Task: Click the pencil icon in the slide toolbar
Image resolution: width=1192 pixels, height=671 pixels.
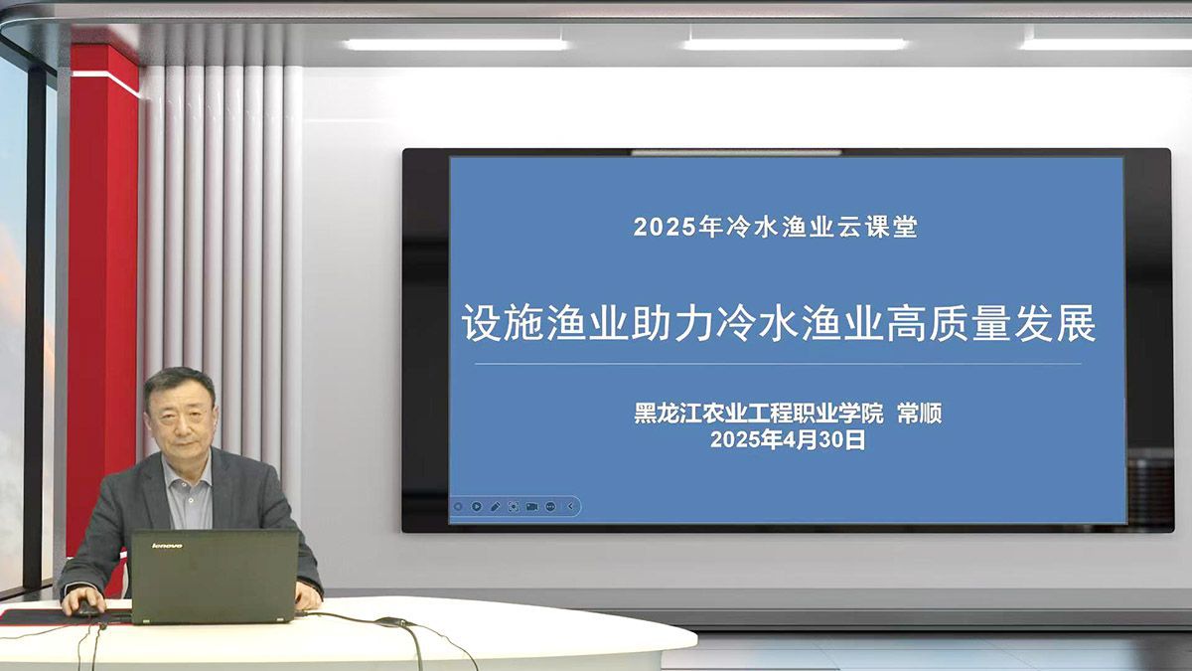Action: pyautogui.click(x=495, y=506)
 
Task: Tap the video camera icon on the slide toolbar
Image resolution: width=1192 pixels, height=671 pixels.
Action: pyautogui.click(x=531, y=506)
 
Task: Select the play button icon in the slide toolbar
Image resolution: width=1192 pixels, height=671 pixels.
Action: pyautogui.click(x=476, y=506)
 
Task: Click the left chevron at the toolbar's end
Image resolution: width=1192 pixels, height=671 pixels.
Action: pyautogui.click(x=570, y=506)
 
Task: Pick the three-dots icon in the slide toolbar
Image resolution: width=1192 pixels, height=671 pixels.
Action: pyautogui.click(x=550, y=506)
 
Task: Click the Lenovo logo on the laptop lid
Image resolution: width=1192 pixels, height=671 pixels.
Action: pyautogui.click(x=167, y=546)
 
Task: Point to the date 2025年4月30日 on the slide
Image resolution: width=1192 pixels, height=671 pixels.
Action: pyautogui.click(x=788, y=439)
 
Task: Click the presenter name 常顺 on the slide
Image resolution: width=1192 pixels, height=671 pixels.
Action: pyautogui.click(x=919, y=414)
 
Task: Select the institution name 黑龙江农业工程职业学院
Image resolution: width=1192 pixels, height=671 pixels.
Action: pyautogui.click(x=759, y=414)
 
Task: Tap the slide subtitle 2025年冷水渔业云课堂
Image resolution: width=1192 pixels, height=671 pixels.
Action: pyautogui.click(x=776, y=227)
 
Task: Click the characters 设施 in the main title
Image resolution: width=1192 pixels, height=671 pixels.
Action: pyautogui.click(x=503, y=323)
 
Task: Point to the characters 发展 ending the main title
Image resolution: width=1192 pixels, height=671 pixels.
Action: pyautogui.click(x=1055, y=323)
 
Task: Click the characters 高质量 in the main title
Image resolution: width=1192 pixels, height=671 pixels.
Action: pyautogui.click(x=949, y=323)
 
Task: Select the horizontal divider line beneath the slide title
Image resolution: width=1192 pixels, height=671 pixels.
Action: pyautogui.click(x=778, y=364)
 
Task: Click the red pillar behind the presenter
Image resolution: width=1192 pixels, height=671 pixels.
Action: pyautogui.click(x=102, y=298)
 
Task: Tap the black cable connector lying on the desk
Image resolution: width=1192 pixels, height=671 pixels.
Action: pyautogui.click(x=391, y=621)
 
